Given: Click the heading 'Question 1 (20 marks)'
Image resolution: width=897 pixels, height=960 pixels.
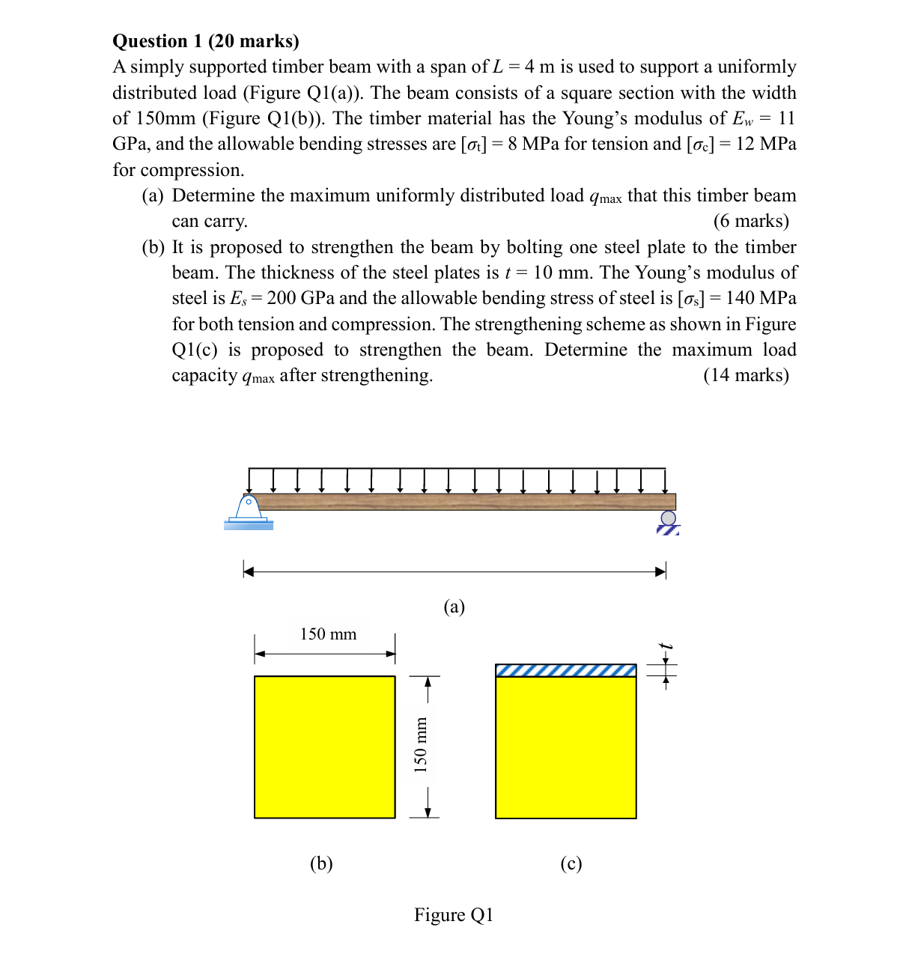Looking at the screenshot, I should [x=206, y=41].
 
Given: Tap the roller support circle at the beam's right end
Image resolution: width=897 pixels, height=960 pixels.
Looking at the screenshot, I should [x=668, y=518].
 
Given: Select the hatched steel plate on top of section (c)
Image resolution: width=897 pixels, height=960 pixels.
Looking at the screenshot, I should [x=566, y=670].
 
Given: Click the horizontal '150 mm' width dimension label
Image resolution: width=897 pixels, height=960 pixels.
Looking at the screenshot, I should [x=328, y=634].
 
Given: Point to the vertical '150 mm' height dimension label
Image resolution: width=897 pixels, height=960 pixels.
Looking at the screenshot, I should [x=421, y=745].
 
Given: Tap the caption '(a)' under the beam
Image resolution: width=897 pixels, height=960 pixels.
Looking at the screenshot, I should [x=454, y=607].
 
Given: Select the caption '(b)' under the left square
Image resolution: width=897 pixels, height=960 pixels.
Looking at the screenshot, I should [x=321, y=863].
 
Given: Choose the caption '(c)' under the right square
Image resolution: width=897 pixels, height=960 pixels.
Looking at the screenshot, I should [x=571, y=863].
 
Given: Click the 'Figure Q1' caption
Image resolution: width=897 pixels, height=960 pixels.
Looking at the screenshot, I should [x=454, y=915].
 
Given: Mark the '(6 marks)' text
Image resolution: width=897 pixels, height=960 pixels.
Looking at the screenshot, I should [x=751, y=221].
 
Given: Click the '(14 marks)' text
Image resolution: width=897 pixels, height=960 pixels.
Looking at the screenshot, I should [x=746, y=375].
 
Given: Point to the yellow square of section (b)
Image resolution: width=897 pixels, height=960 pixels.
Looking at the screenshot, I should [x=324, y=747].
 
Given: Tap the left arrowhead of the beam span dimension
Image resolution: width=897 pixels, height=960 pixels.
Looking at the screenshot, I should [x=249, y=572].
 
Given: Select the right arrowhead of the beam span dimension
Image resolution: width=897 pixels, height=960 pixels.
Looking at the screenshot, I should [x=660, y=572].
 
